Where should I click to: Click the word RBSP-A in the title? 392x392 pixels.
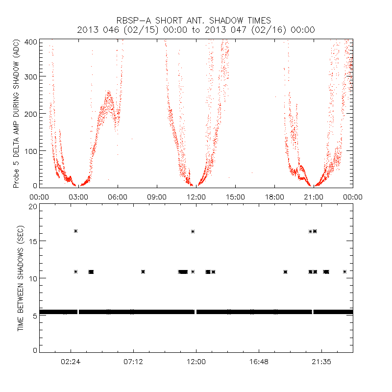click(x=133, y=21)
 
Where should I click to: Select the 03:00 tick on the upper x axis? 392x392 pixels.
click(x=78, y=196)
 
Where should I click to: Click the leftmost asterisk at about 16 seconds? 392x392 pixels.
click(x=76, y=231)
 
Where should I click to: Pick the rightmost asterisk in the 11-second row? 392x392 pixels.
click(x=345, y=271)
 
